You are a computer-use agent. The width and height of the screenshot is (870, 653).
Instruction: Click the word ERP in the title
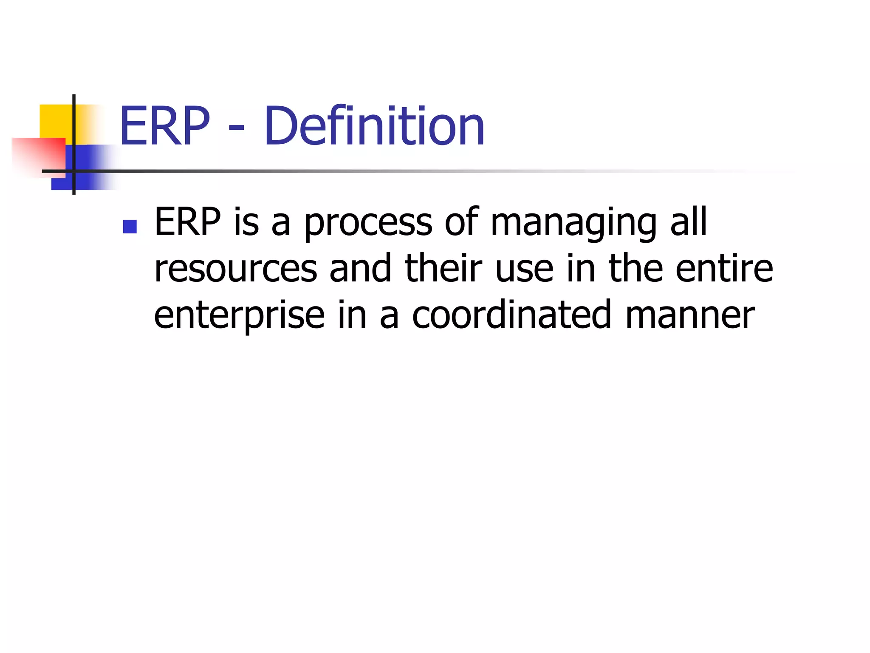click(165, 126)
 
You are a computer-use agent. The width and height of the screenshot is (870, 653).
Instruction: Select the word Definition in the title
click(374, 126)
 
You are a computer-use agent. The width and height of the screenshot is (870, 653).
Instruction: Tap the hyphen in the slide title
click(236, 127)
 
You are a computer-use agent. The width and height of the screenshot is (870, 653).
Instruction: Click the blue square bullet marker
click(130, 227)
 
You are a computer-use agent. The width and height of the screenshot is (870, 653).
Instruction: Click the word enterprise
click(239, 316)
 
